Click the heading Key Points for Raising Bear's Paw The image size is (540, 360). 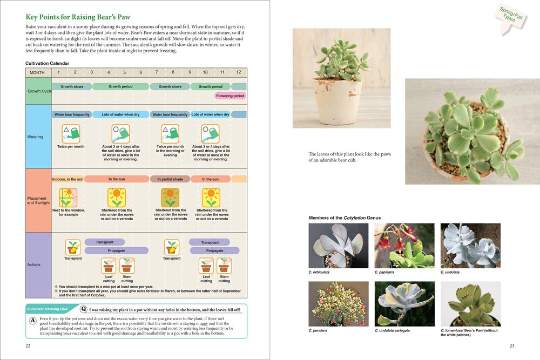[x=78, y=17]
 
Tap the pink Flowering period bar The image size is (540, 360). [x=230, y=96]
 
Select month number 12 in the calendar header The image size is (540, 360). [x=238, y=72]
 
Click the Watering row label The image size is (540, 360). [x=35, y=137]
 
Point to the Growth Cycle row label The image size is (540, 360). [x=39, y=91]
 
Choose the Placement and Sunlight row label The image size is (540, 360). [x=38, y=201]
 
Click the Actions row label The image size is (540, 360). [x=33, y=264]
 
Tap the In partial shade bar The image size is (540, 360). [x=170, y=179]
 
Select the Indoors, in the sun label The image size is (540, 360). [x=67, y=179]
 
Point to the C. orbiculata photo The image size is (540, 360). [x=338, y=246]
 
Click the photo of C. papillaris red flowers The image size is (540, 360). [x=404, y=246]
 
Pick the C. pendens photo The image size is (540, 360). [x=338, y=303]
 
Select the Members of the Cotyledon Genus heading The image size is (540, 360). [x=345, y=218]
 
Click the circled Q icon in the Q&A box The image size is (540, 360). [x=83, y=310]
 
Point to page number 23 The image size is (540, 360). [x=512, y=346]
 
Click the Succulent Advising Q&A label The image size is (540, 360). [x=52, y=309]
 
